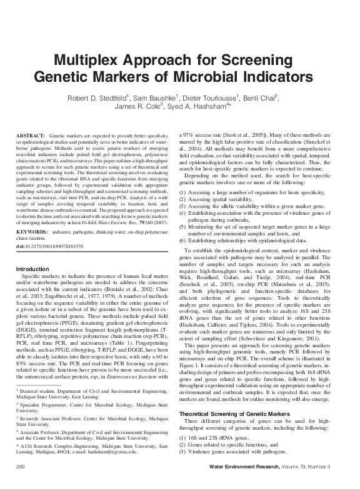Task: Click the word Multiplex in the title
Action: point(91,61)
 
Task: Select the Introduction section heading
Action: point(34,269)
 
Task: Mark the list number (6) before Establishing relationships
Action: point(183,240)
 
